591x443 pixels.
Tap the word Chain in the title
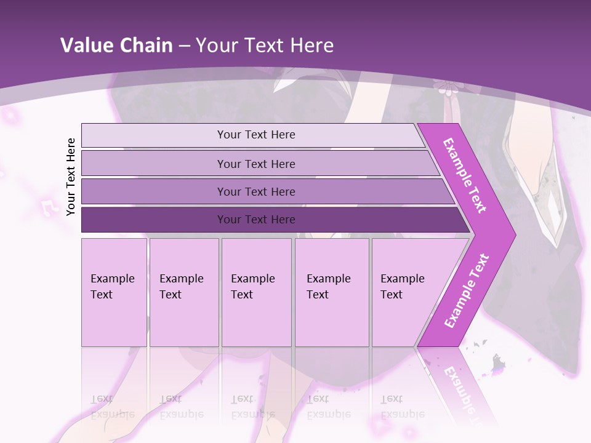[x=147, y=46]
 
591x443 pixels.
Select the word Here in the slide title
[x=312, y=46]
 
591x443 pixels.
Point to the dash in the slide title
[x=184, y=46]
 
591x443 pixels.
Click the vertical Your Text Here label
[x=71, y=177]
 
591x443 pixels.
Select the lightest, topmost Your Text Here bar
[x=255, y=135]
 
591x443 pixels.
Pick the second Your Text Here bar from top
[x=255, y=164]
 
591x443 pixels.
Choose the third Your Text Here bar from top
[x=255, y=191]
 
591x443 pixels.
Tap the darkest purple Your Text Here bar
[x=255, y=220]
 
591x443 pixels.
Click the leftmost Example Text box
[x=114, y=292]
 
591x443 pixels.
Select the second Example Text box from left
[x=183, y=292]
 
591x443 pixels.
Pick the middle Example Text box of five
[x=256, y=292]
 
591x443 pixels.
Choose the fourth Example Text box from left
[x=331, y=292]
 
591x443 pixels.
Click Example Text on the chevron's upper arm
[x=465, y=176]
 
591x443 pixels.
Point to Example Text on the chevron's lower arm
[x=466, y=291]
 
